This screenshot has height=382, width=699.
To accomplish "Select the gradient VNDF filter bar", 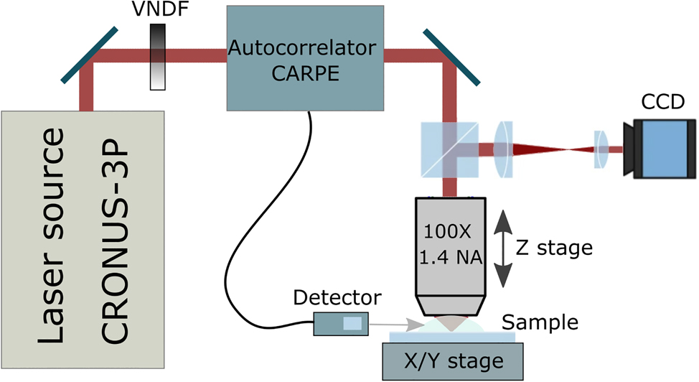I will click(158, 57).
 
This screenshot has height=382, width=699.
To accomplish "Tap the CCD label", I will click(657, 104).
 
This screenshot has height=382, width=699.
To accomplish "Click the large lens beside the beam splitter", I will click(505, 149).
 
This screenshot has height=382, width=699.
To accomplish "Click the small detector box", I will click(341, 324).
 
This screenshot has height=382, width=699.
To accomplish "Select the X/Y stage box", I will click(452, 358).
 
